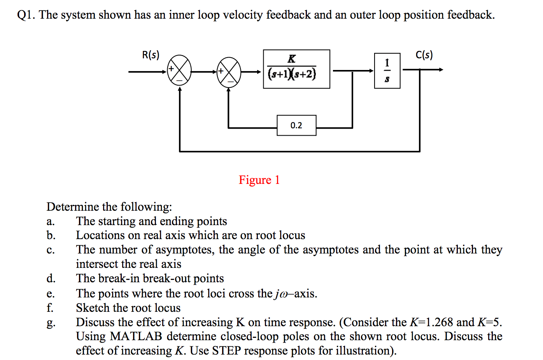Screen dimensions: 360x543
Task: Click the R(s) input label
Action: tap(151, 55)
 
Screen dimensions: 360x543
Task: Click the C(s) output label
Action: tap(424, 55)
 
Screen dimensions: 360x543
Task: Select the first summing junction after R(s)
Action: tap(179, 71)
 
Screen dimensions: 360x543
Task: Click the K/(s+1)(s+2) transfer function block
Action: tap(296, 69)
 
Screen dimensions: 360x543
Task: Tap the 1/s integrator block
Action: tap(387, 71)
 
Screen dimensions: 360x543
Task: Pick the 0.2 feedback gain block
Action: tap(296, 125)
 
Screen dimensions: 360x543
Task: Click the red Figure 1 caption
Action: tap(259, 180)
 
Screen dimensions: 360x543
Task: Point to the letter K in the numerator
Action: tap(291, 59)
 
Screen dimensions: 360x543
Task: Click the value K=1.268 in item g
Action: tap(431, 322)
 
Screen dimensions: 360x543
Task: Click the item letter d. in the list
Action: tap(51, 278)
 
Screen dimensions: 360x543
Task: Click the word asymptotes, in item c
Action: tap(185, 250)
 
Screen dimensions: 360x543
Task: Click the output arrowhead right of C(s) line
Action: tap(441, 70)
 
